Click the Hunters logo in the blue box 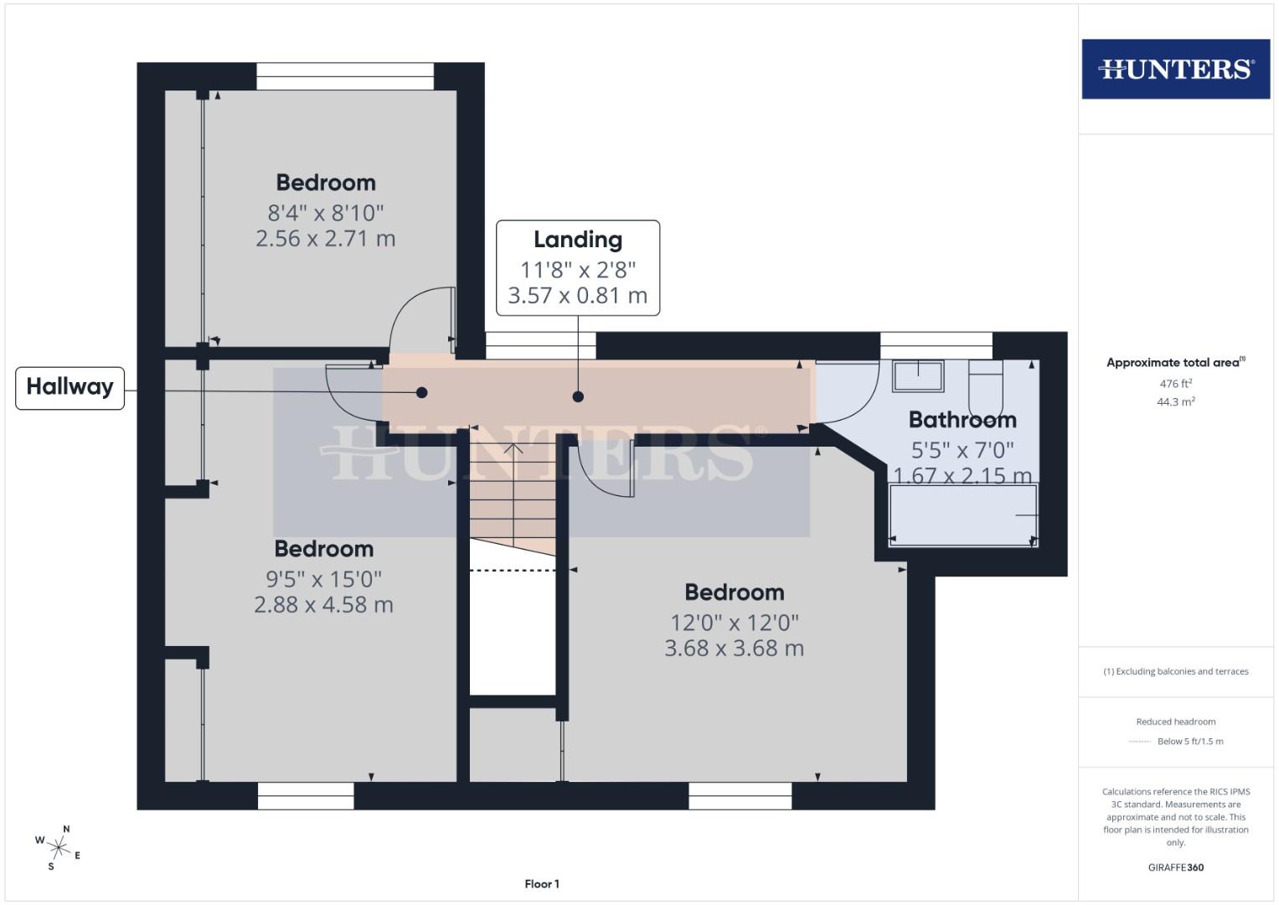coord(1175,69)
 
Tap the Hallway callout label coord(70,387)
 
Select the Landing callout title coord(578,240)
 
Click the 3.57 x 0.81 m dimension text coord(578,296)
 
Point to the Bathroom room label coord(962,420)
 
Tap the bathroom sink coord(918,375)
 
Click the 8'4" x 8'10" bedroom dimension coord(325,213)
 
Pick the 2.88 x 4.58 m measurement coord(323,605)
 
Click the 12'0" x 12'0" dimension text coord(735,623)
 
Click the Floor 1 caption coord(542,884)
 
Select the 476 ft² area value coord(1176,384)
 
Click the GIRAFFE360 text coord(1176,867)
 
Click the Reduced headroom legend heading coord(1176,721)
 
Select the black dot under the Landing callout coord(578,397)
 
